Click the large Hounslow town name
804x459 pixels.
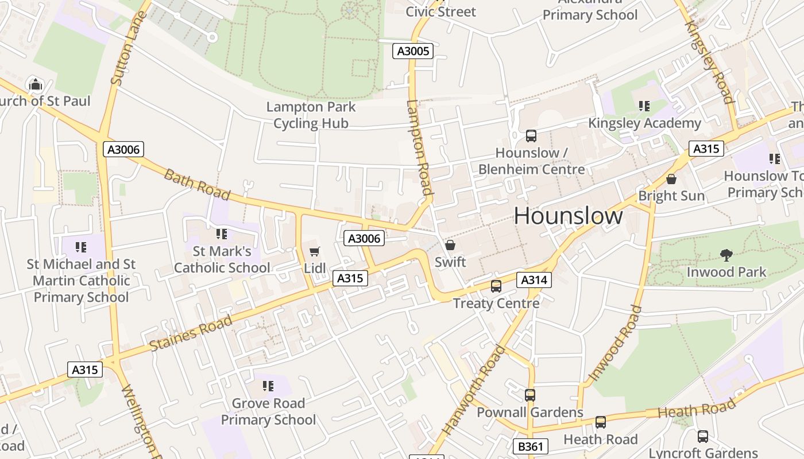coord(568,216)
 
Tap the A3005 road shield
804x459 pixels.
coord(413,51)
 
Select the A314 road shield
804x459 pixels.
coord(534,280)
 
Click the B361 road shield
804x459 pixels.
coord(530,446)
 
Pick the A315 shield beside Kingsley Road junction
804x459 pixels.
coord(706,149)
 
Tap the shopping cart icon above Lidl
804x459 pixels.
coord(314,251)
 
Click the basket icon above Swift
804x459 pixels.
coord(450,245)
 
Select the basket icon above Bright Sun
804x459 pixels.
coord(671,179)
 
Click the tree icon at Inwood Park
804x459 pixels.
coord(726,255)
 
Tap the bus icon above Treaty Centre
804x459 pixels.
coord(496,286)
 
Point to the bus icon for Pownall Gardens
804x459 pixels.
coord(529,395)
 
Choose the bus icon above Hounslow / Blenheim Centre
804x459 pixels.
coord(531,136)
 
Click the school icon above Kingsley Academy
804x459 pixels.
coord(644,106)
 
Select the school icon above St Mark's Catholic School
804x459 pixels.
coord(222,234)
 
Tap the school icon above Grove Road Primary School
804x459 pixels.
coord(268,386)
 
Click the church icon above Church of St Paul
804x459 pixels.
coord(36,84)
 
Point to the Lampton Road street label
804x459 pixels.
coord(419,149)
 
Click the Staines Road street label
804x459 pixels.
coord(191,333)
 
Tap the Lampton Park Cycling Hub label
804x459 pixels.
coord(311,115)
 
